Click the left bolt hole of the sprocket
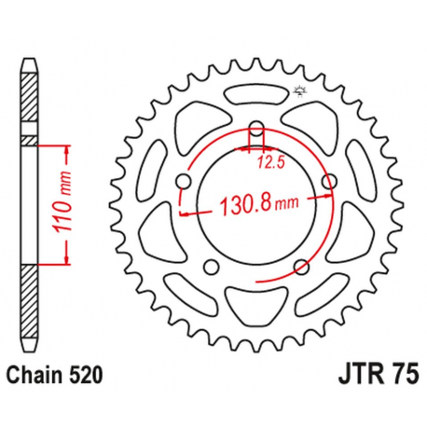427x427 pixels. [x=184, y=180]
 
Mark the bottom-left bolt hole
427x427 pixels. [x=211, y=267]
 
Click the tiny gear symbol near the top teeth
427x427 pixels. [x=299, y=90]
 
